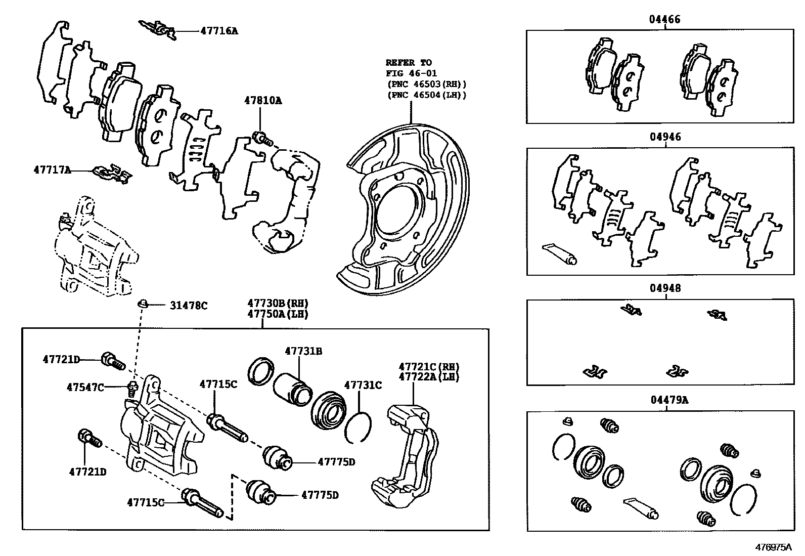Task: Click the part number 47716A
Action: (x=219, y=31)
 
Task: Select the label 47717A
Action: (x=52, y=170)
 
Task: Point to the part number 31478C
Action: (x=188, y=306)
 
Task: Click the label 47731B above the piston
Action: (x=303, y=351)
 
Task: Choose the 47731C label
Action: (x=363, y=386)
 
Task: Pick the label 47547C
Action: (x=85, y=388)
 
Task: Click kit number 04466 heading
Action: (x=665, y=20)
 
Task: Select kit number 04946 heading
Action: (x=665, y=137)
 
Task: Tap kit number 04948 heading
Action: (x=665, y=288)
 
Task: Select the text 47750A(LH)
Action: (x=278, y=314)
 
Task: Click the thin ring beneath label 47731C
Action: (x=359, y=426)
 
